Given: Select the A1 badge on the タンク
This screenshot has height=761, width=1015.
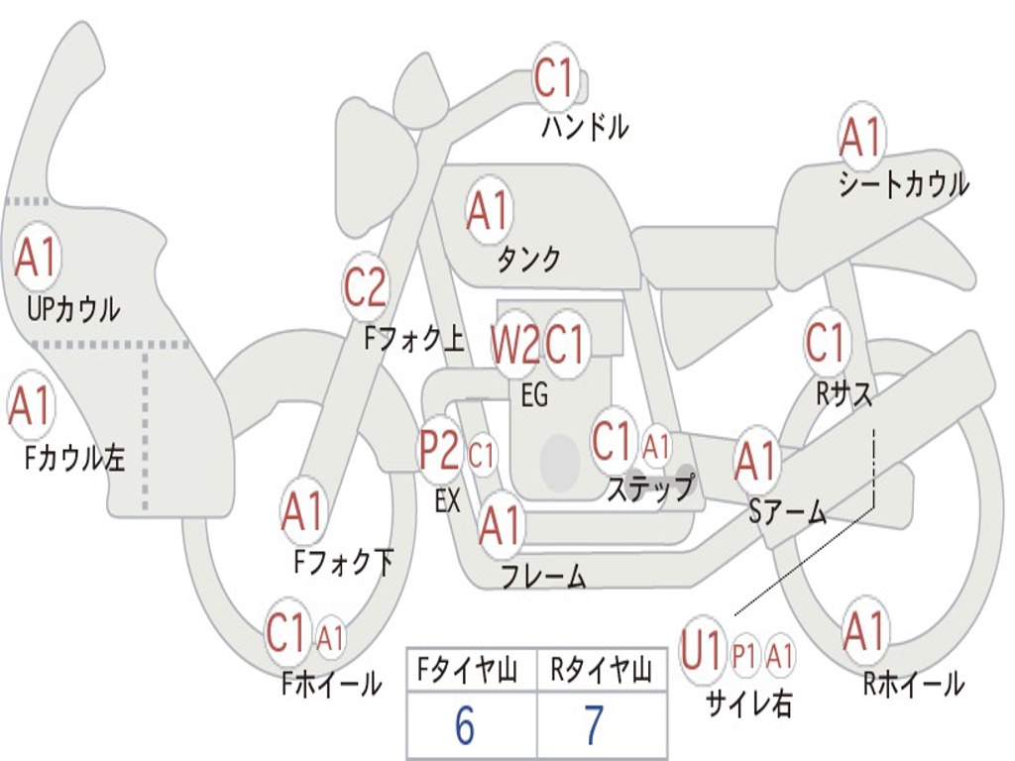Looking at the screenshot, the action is (488, 210).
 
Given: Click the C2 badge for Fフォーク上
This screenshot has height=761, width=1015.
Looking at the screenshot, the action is (365, 288).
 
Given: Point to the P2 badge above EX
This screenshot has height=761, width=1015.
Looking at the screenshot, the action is (439, 452).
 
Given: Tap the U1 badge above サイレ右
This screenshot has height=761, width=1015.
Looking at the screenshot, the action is (702, 652).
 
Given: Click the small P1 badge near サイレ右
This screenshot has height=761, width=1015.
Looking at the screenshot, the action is (744, 655).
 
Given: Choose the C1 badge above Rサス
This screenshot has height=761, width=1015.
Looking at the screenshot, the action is (826, 343).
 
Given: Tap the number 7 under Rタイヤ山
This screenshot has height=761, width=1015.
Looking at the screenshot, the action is (594, 726).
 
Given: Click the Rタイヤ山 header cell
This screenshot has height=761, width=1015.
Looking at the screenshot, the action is (601, 672).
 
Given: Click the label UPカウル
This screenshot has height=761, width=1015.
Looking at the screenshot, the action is (73, 309).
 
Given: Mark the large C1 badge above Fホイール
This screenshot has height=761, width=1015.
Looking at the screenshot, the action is (287, 633).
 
